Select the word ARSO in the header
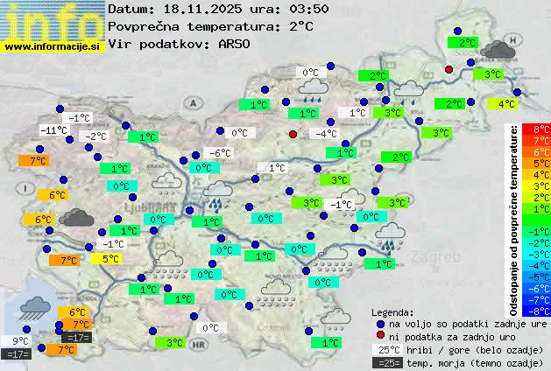click(236, 44)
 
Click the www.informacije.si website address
click(53, 45)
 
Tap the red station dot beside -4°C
click(293, 134)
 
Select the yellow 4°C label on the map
click(506, 104)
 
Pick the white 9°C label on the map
click(20, 341)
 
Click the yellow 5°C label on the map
click(110, 259)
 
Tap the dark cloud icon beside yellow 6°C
click(78, 217)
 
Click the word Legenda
click(392, 311)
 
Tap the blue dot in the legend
click(378, 323)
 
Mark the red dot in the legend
click(378, 336)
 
